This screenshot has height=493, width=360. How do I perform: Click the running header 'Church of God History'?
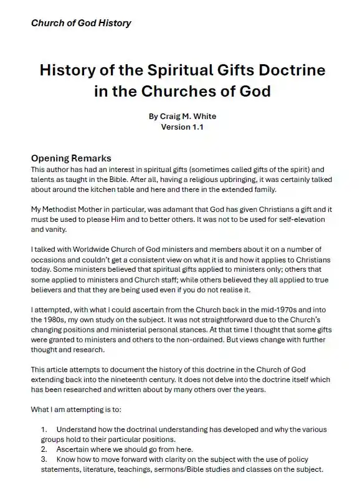click(x=81, y=23)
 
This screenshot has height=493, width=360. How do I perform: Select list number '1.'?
click(x=44, y=430)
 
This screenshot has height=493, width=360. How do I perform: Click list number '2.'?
click(x=44, y=450)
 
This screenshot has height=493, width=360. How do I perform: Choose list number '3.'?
click(x=44, y=460)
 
